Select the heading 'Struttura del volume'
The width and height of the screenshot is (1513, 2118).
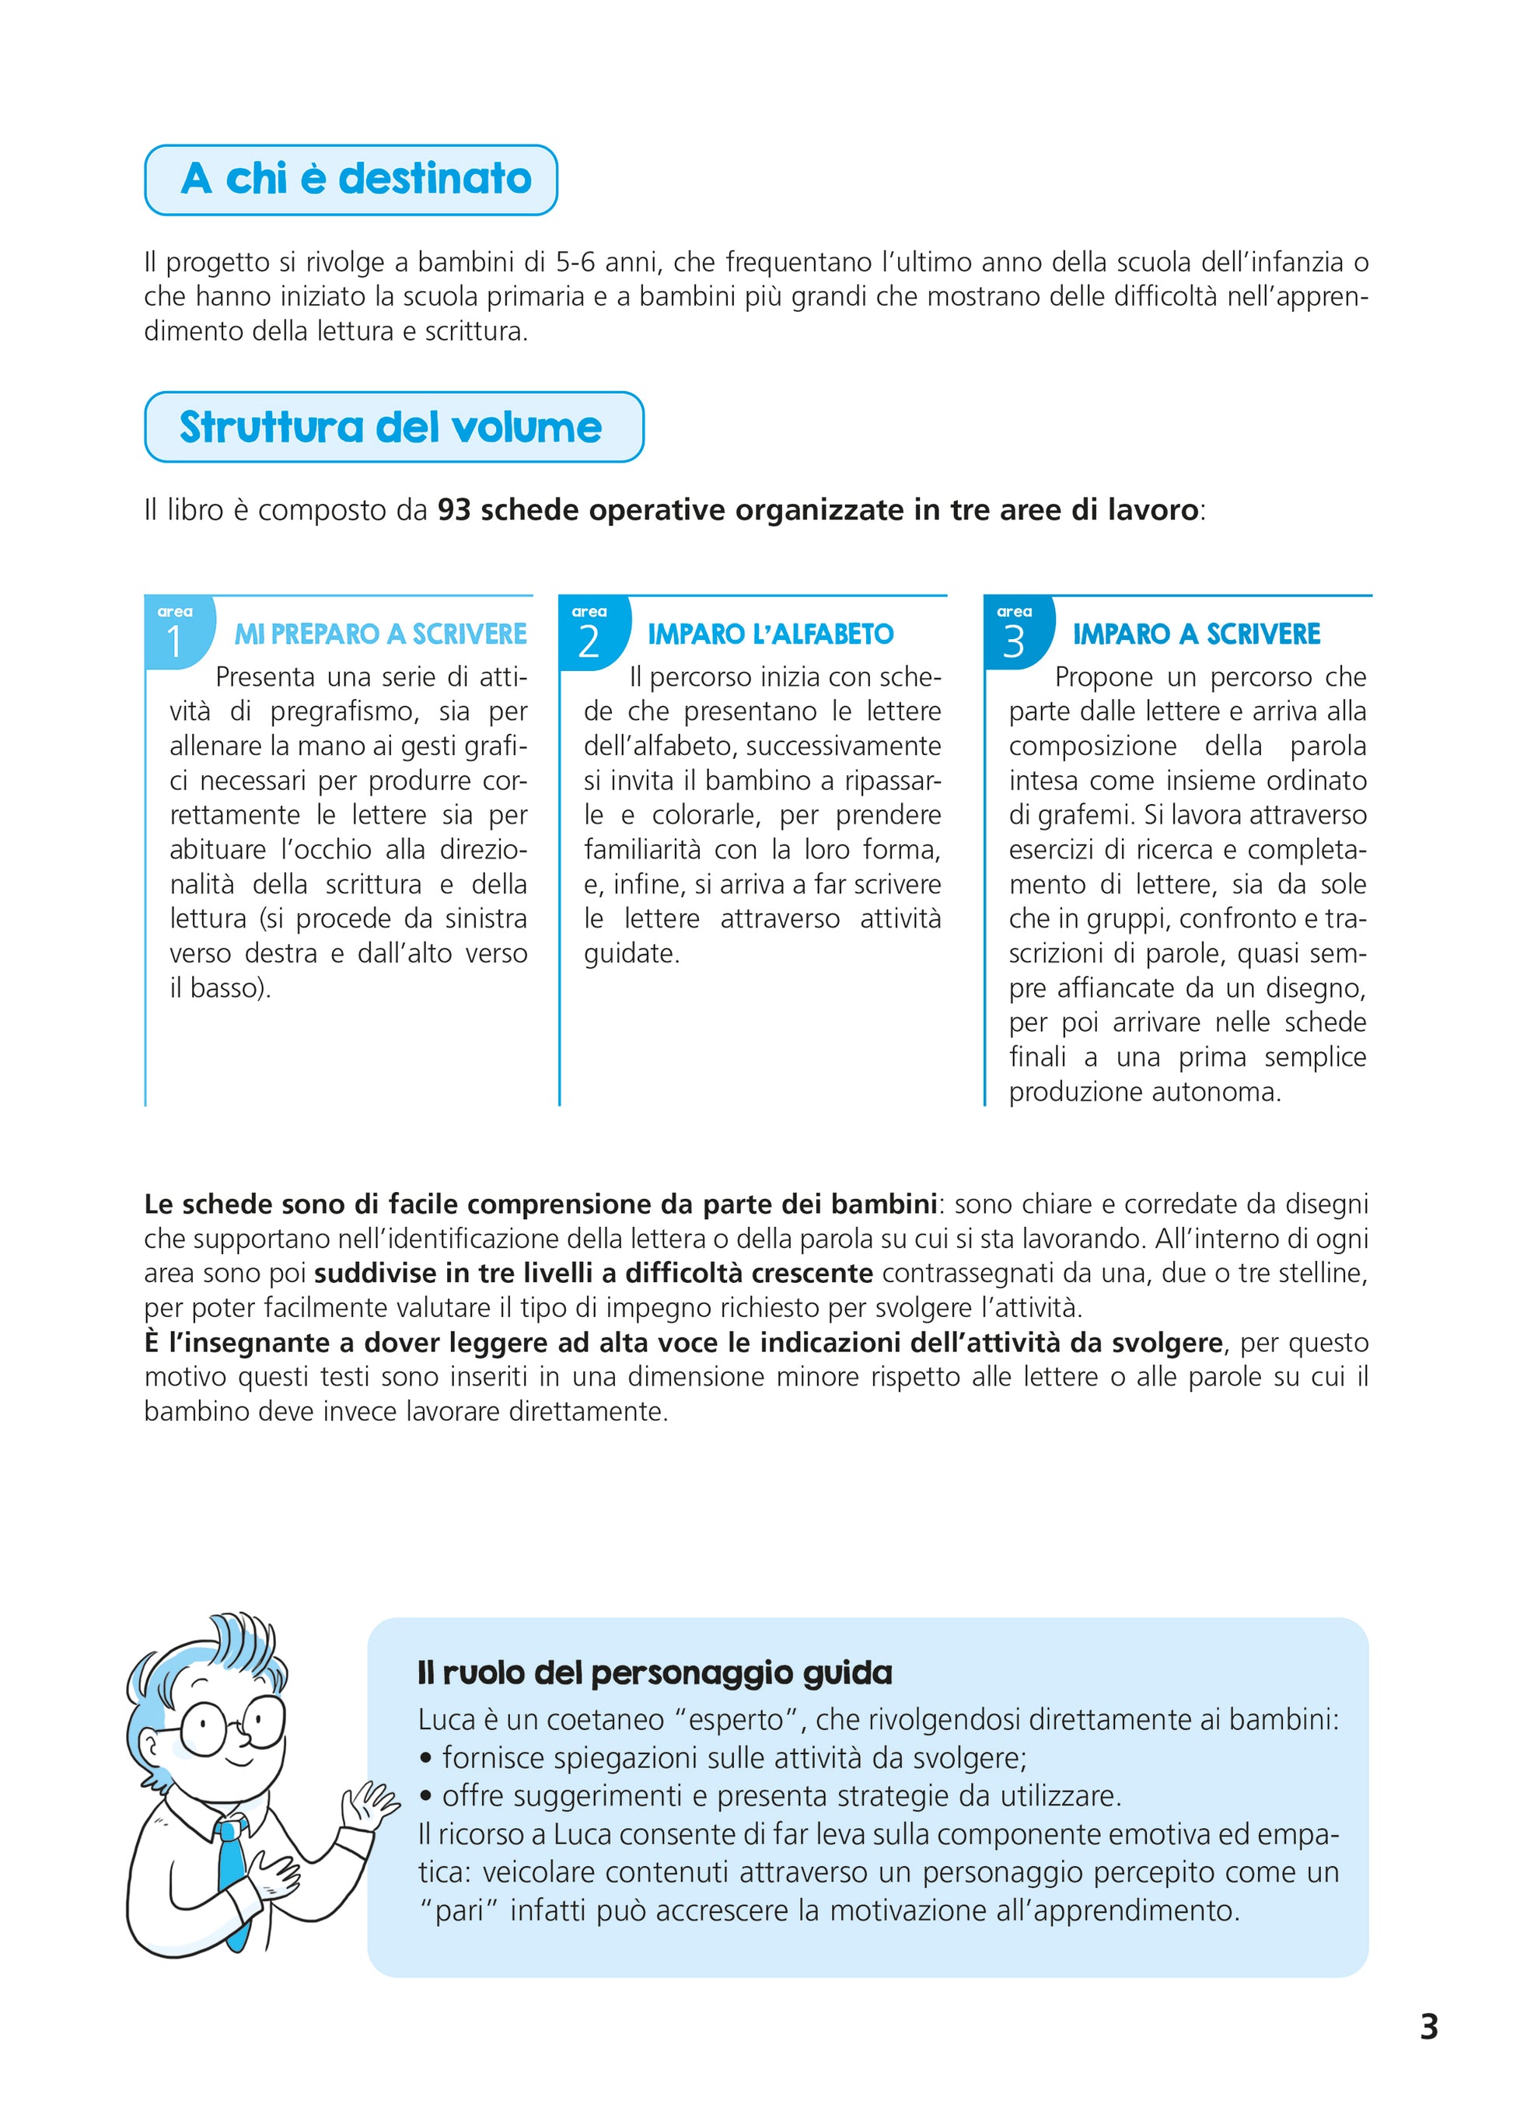(390, 428)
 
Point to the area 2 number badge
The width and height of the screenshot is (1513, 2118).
(591, 634)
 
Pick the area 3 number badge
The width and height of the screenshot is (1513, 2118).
(1015, 634)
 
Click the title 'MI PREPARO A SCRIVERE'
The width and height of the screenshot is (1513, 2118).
(380, 634)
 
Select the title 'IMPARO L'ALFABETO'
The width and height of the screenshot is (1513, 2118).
(770, 634)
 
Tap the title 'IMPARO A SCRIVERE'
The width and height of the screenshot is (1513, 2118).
(1197, 634)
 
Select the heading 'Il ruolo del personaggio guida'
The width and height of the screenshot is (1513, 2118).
(654, 1672)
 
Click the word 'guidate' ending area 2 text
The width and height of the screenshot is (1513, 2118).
(630, 953)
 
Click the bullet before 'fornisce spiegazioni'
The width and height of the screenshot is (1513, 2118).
(426, 1760)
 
